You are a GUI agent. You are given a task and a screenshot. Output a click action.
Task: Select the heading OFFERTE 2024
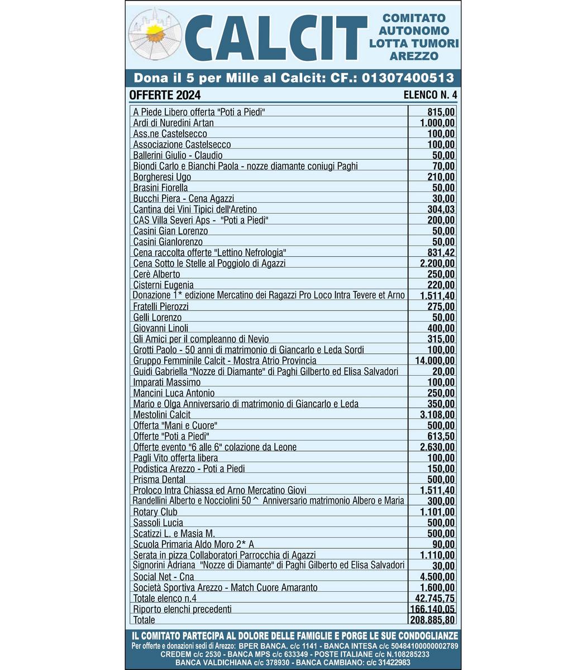click(x=165, y=95)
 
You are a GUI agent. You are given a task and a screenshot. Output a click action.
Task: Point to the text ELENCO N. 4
click(x=430, y=95)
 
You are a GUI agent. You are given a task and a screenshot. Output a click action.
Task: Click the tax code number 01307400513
click(x=408, y=78)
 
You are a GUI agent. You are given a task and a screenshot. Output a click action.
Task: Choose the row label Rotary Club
click(x=155, y=512)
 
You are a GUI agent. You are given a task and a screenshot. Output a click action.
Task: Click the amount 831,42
click(x=441, y=252)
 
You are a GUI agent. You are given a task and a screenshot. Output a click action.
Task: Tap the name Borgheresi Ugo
click(x=162, y=177)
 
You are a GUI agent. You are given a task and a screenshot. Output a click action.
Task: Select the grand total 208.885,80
click(x=432, y=620)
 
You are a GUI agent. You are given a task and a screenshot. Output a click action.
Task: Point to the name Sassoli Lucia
click(x=158, y=523)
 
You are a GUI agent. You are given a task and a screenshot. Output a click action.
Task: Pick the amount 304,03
click(x=441, y=209)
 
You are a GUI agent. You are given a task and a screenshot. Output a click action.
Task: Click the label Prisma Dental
click(x=159, y=480)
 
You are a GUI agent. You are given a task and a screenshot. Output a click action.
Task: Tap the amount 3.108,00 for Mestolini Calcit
click(x=437, y=415)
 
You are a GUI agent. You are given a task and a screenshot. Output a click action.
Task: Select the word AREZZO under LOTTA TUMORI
click(x=414, y=56)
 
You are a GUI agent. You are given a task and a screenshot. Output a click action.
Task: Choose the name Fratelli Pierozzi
click(x=161, y=307)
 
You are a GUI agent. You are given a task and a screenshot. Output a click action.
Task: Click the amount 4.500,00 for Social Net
click(x=437, y=577)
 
